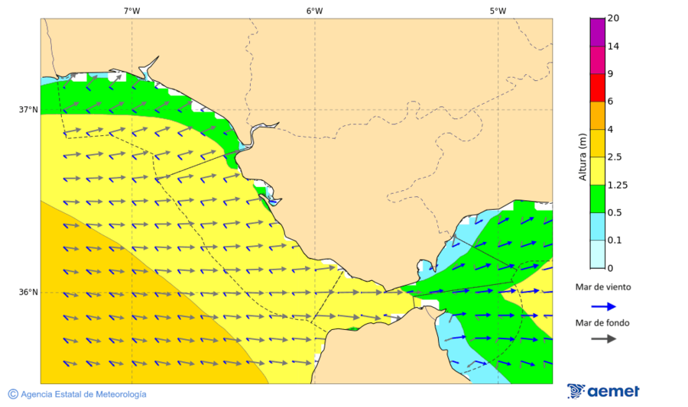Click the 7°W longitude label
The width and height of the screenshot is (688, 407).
(131, 11)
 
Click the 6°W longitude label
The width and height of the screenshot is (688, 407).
(314, 11)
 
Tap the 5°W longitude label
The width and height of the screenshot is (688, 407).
(498, 11)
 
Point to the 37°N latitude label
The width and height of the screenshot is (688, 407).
(28, 109)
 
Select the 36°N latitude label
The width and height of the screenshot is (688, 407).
(28, 292)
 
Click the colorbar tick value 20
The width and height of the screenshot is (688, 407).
(613, 18)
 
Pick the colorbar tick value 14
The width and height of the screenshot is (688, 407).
(613, 46)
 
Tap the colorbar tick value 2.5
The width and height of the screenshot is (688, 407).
(615, 157)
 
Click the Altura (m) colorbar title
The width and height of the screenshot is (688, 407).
(583, 157)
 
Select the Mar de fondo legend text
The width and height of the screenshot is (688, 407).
(603, 323)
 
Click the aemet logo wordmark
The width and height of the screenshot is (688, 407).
(613, 392)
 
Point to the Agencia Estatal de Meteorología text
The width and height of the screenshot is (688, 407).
(83, 394)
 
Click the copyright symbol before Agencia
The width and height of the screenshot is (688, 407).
(13, 394)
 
